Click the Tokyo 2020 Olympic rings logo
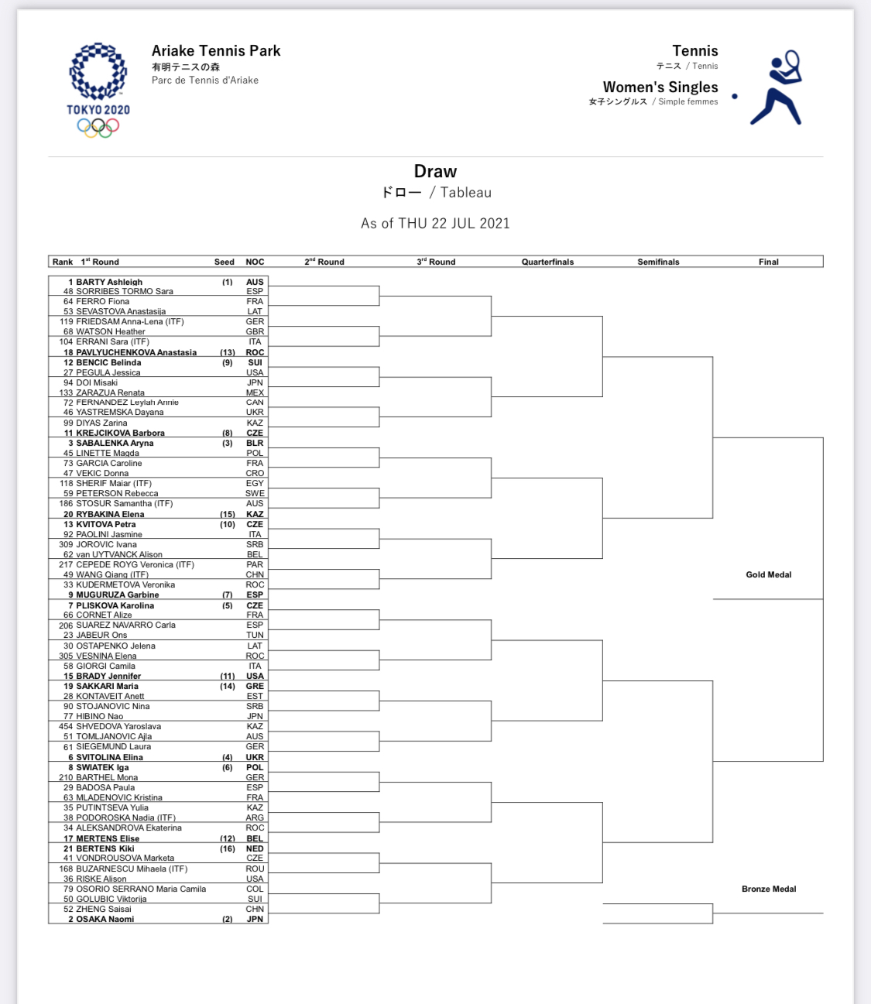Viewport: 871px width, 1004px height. (x=98, y=91)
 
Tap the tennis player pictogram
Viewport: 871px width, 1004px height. (x=777, y=88)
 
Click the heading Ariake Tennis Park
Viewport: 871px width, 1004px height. (x=216, y=51)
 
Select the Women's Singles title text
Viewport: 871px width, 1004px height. (x=660, y=87)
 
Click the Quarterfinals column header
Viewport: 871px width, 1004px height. (x=547, y=262)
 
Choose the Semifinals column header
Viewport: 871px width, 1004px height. (x=658, y=262)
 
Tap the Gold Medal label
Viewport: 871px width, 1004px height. (x=768, y=574)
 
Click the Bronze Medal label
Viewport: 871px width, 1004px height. (x=768, y=889)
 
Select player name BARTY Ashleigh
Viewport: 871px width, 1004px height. (x=109, y=282)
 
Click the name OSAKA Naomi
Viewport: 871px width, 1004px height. (x=105, y=919)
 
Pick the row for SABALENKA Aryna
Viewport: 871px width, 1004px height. (x=115, y=443)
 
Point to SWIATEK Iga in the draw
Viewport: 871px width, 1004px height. (x=102, y=767)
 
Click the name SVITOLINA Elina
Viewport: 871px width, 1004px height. (x=109, y=757)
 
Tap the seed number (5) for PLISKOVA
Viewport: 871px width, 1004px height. (x=228, y=605)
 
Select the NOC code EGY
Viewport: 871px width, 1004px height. (x=255, y=483)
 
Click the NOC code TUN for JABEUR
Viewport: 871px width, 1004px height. (x=255, y=635)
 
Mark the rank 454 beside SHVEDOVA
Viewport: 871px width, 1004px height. (x=66, y=726)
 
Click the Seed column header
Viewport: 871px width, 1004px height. (x=225, y=262)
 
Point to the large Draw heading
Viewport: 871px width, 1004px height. (x=435, y=172)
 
